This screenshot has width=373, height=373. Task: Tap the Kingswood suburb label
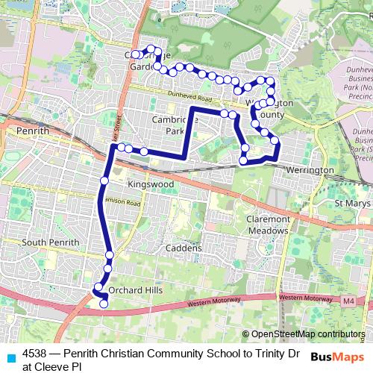pos(151,184)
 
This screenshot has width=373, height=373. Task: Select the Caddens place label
pos(184,248)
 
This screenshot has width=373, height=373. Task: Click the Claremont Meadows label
pos(267,225)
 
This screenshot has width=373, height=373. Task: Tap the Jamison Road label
pos(122,202)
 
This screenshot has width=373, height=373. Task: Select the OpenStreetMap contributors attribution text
pos(307,334)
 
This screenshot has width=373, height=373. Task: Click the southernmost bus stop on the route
pos(104,303)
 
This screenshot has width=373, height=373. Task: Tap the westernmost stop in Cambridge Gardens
pos(135,55)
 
